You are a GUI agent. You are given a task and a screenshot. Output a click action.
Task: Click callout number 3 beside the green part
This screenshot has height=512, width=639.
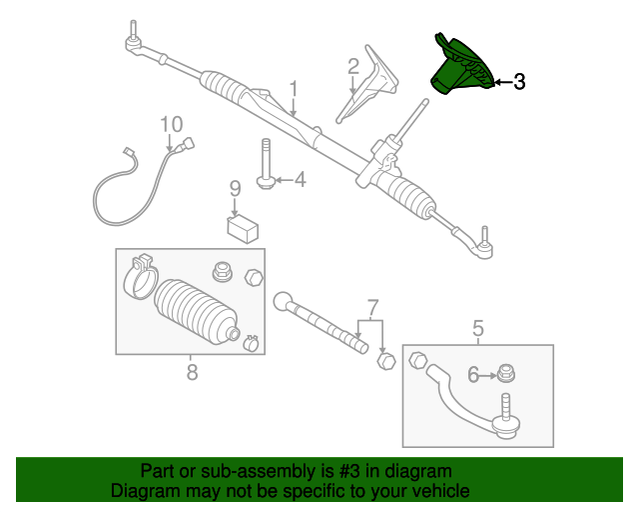[x=518, y=83]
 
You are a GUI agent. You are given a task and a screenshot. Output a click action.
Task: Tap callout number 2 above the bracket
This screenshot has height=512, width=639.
[x=352, y=67]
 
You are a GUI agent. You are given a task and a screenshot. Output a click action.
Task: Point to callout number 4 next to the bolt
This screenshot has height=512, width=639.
[x=299, y=180]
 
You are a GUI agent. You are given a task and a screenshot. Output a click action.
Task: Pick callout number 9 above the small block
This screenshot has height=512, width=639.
[x=235, y=188]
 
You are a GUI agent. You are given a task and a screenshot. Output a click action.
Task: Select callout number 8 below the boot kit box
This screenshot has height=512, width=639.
[x=192, y=373]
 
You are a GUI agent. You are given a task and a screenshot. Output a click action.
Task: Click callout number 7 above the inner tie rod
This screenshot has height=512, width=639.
[x=371, y=306]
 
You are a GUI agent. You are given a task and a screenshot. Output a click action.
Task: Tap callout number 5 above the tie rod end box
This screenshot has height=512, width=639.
[x=477, y=328]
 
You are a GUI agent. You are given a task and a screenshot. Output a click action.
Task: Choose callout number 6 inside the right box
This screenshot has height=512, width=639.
[x=473, y=375]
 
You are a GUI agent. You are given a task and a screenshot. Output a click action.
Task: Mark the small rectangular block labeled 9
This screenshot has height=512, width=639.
[x=243, y=229]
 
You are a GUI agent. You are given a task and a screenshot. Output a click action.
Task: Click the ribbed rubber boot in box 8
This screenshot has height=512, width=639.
[x=197, y=309]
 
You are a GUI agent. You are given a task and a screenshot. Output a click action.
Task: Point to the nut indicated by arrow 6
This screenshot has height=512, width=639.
[x=507, y=374]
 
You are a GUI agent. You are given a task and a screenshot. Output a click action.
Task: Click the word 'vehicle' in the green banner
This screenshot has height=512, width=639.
[x=434, y=491]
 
